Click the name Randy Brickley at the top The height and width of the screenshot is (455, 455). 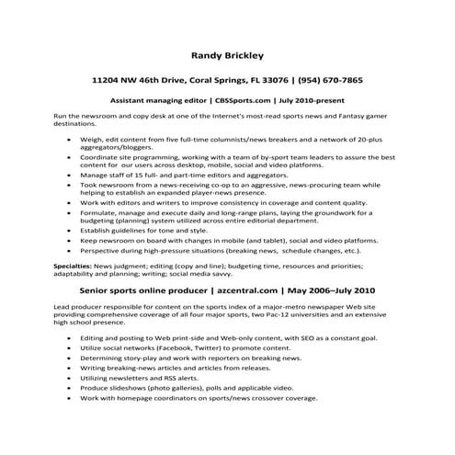click(227, 54)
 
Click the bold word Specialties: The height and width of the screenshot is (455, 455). click(47, 263)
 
